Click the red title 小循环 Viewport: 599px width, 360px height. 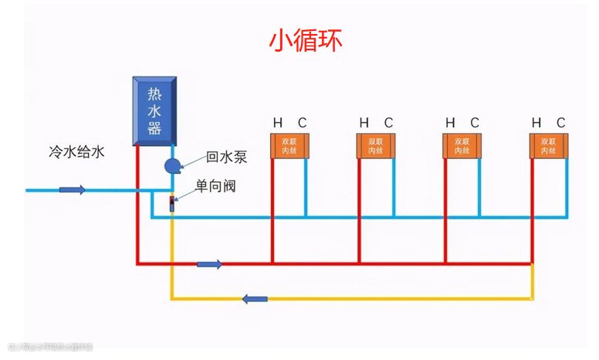(306, 39)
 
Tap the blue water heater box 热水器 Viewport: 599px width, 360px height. (155, 110)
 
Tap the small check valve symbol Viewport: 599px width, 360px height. (172, 204)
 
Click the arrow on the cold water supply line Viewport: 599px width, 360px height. (73, 189)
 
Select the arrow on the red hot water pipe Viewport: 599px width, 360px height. (209, 264)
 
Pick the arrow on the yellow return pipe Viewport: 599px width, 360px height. (255, 298)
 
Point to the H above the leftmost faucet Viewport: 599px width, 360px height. (277, 123)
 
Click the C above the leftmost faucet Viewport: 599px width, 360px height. (303, 123)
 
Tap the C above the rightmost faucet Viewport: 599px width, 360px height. (561, 123)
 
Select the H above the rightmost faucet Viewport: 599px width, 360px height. (536, 123)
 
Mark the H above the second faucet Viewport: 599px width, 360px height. (364, 123)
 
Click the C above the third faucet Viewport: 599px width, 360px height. (475, 123)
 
